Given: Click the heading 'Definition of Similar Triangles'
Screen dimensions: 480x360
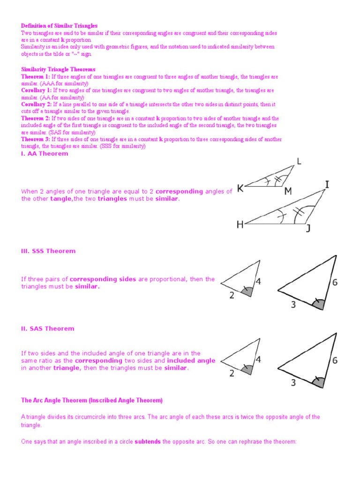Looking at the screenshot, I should tap(60, 26).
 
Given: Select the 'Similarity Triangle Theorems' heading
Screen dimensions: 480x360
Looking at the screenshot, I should tap(58, 69).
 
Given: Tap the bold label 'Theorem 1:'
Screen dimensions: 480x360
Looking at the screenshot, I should tap(36, 76).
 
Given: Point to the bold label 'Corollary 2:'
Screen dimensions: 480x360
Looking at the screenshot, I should tap(37, 104).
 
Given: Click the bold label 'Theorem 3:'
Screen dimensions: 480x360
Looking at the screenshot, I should tap(36, 139).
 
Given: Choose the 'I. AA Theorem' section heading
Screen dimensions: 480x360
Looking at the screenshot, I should tap(45, 154).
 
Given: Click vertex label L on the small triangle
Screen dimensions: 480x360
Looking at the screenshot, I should tap(299, 162).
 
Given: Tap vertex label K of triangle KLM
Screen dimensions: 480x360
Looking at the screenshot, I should tap(240, 189).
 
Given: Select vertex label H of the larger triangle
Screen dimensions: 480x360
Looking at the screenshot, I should tap(240, 225).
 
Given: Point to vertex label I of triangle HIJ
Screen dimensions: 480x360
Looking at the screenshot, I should tap(327, 185).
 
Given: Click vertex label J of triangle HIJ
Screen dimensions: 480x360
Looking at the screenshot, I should tap(308, 229).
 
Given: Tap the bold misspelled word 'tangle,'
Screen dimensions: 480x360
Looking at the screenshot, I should tap(60, 199).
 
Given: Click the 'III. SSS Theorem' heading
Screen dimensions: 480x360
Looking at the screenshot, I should tap(48, 251).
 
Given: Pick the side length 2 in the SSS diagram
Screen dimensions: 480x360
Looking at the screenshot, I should tap(232, 296).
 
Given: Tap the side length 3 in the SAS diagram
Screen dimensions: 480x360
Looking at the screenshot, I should tap(293, 382).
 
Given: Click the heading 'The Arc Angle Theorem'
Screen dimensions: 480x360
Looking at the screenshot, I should tap(92, 400).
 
